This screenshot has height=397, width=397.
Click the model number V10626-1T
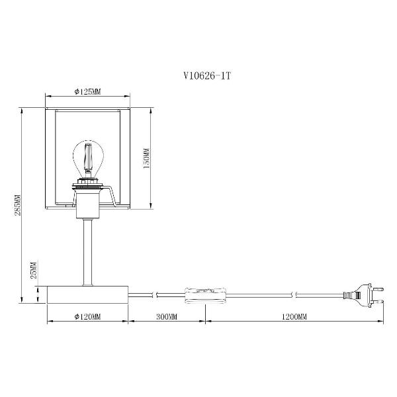tap(207, 75)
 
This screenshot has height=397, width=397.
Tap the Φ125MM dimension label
tap(87, 92)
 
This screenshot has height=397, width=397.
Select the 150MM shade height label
tap(147, 159)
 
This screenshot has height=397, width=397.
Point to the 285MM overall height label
tap(17, 205)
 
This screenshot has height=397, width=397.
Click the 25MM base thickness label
tap(34, 270)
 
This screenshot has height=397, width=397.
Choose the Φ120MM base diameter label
tap(87, 316)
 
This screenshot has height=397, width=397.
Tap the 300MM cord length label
tap(167, 316)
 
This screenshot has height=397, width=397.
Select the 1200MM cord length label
tap(294, 316)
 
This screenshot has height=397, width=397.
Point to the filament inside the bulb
tap(88, 156)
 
